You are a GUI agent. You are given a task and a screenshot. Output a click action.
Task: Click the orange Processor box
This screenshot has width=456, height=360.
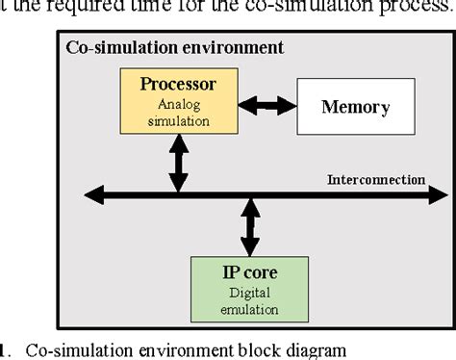(x=177, y=102)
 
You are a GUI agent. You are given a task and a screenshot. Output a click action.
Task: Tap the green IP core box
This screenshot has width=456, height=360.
(x=250, y=288)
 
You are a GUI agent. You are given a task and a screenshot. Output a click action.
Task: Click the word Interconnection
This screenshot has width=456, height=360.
(x=376, y=180)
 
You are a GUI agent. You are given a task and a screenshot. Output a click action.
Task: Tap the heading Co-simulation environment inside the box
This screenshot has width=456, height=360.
(x=173, y=46)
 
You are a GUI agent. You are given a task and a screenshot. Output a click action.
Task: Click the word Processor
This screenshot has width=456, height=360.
(x=178, y=84)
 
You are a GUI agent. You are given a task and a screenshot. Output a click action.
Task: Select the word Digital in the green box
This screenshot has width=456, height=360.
(x=250, y=295)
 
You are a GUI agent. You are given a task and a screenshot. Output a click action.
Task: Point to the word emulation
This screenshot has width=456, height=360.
(x=250, y=309)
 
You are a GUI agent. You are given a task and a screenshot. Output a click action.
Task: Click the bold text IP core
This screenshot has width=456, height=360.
(x=250, y=275)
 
